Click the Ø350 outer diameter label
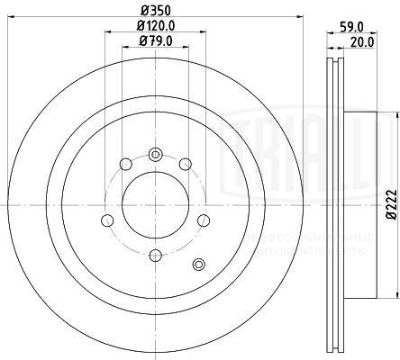[154, 11]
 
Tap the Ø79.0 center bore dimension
[154, 41]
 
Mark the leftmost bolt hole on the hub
[106, 220]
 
